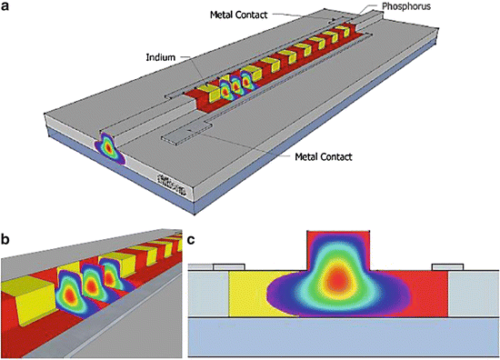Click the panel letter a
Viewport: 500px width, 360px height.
[6, 7]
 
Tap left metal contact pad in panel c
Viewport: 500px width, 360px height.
[228, 266]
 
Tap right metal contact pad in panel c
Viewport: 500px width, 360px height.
[447, 266]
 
